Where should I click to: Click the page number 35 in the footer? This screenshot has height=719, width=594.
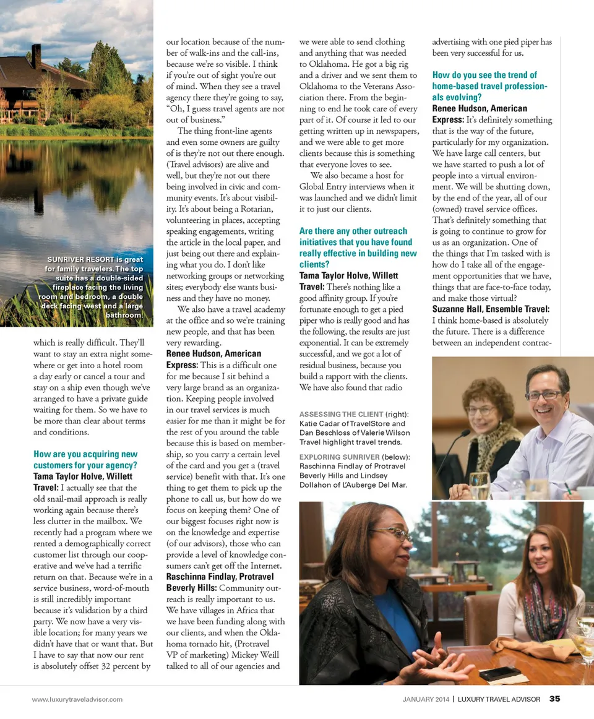coord(554,699)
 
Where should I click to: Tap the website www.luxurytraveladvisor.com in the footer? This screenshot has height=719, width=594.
coord(77,699)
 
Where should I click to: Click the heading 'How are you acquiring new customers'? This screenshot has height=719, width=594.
coord(85,460)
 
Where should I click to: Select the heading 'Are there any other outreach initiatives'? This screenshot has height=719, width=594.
coord(358,242)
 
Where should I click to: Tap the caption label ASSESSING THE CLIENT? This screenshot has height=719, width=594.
coord(340,414)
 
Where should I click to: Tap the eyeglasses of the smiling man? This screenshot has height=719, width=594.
coord(544,394)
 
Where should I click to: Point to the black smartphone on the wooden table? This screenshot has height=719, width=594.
coord(499,673)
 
